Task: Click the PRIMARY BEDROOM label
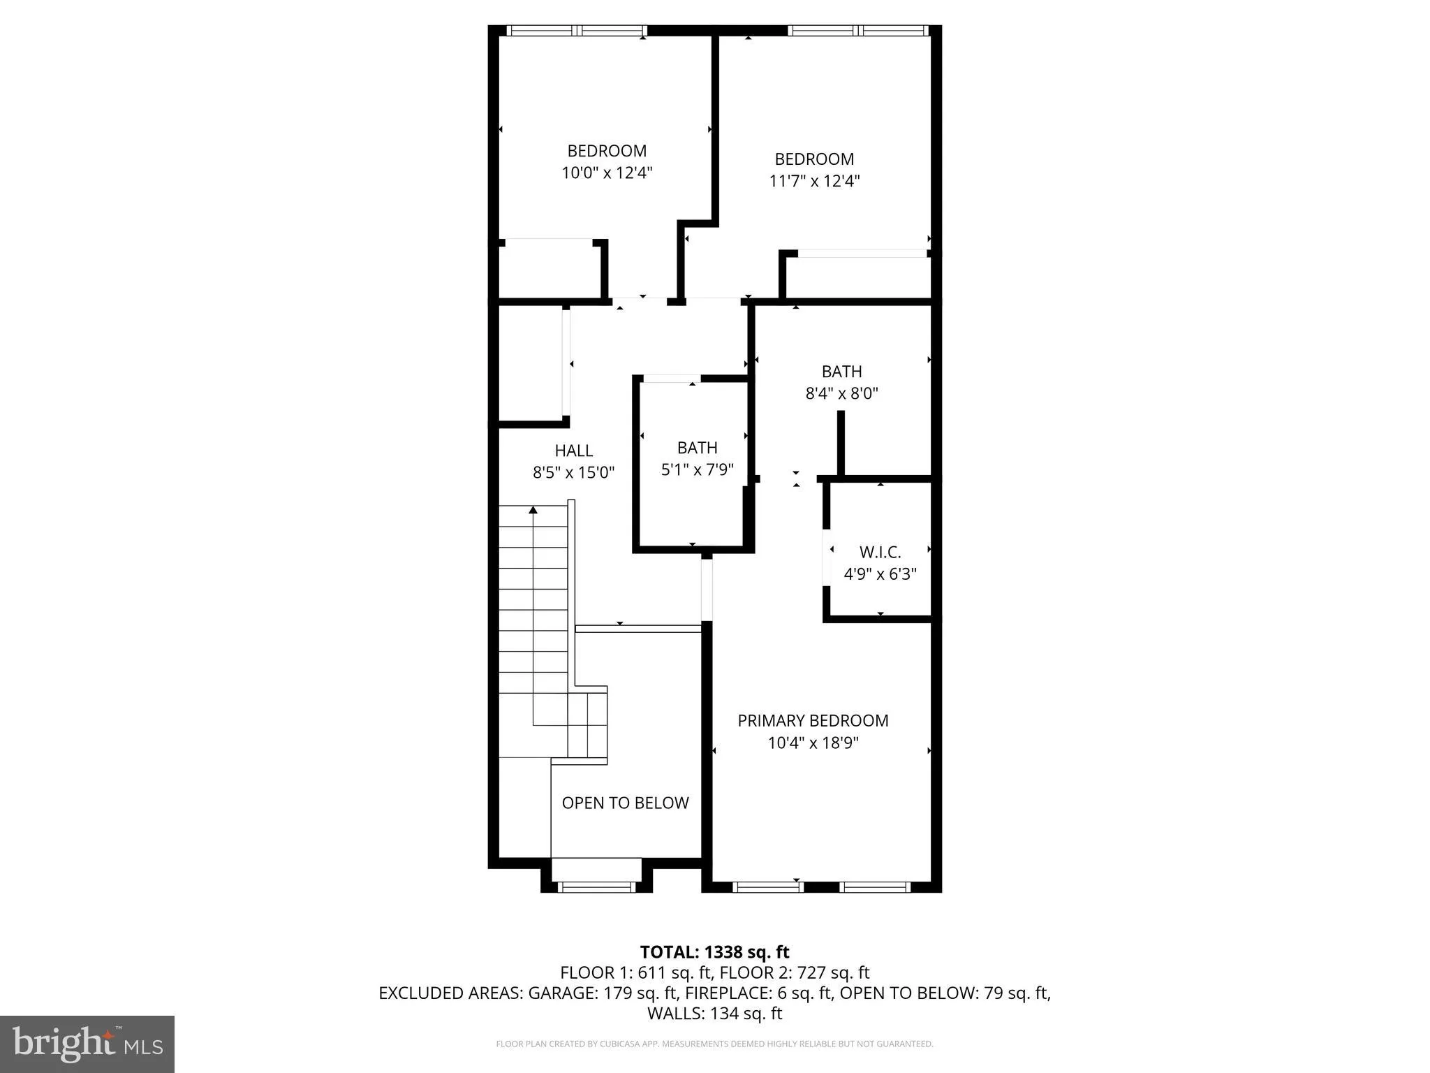[x=813, y=720]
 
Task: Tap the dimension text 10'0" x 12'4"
[x=607, y=173]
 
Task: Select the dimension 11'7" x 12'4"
[x=814, y=181]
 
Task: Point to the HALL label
[x=574, y=451]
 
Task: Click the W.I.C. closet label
[x=880, y=552]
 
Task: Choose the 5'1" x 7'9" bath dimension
[x=697, y=469]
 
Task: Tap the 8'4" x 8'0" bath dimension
[x=841, y=393]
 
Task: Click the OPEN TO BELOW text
[x=625, y=803]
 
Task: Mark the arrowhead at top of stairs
[x=533, y=510]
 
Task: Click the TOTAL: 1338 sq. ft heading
[x=714, y=951]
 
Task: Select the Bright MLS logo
[x=87, y=1044]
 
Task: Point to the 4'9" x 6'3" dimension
[x=880, y=574]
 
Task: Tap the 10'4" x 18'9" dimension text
[x=813, y=743]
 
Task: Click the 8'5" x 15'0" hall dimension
[x=574, y=473]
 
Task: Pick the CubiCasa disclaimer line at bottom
[x=714, y=1044]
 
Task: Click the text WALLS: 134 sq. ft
[x=714, y=1013]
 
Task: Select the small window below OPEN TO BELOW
[x=597, y=887]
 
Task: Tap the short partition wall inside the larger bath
[x=841, y=444]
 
